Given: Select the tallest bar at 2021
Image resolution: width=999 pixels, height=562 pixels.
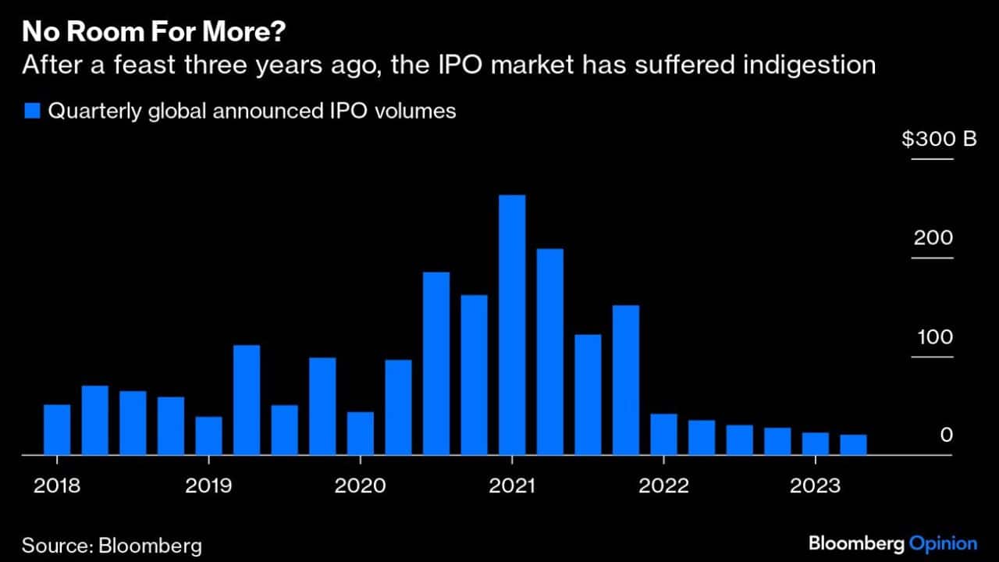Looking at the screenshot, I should click(512, 324).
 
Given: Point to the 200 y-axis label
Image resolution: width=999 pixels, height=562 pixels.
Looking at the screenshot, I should click(933, 238).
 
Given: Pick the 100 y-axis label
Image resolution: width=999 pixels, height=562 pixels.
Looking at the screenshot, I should click(933, 337).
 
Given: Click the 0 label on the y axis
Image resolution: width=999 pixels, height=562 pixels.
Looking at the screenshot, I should click(946, 436).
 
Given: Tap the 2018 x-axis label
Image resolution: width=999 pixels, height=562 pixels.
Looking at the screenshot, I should click(57, 486).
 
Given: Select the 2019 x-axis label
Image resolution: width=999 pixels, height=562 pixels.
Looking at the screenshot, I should click(208, 486).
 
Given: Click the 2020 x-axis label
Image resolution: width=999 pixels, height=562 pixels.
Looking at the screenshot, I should click(360, 486).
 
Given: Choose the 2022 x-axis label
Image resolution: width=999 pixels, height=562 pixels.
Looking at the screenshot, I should click(663, 486).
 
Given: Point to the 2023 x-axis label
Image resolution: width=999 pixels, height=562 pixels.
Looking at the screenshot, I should click(815, 486).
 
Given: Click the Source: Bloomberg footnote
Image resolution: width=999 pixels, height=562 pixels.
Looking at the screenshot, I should click(112, 545).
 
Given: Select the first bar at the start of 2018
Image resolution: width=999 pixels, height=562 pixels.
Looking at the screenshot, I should click(57, 429).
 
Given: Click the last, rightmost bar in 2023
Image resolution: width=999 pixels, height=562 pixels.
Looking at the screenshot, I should click(853, 444).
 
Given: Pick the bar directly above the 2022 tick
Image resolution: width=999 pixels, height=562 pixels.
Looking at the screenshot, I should click(663, 434).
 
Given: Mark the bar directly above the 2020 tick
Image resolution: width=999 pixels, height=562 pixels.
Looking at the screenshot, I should click(360, 433).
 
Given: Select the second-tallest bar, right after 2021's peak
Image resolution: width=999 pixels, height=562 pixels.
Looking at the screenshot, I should click(550, 351).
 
